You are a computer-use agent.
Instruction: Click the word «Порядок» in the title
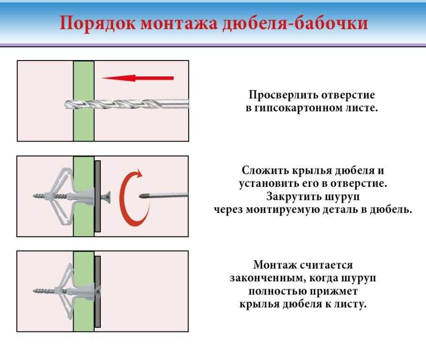97,23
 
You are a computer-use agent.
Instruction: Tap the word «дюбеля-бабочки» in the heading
295,23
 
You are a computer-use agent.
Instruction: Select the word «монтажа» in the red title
179,23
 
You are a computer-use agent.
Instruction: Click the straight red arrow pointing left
137,78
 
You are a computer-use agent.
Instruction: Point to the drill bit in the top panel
127,105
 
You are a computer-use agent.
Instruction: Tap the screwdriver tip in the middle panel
142,196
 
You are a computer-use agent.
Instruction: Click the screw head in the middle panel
106,196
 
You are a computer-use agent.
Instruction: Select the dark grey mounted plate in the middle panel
98,196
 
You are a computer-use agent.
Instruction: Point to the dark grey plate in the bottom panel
98,291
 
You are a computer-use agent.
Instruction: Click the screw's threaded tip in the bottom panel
44,291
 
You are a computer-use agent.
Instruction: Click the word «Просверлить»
283,95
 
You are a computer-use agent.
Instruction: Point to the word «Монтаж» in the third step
272,265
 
